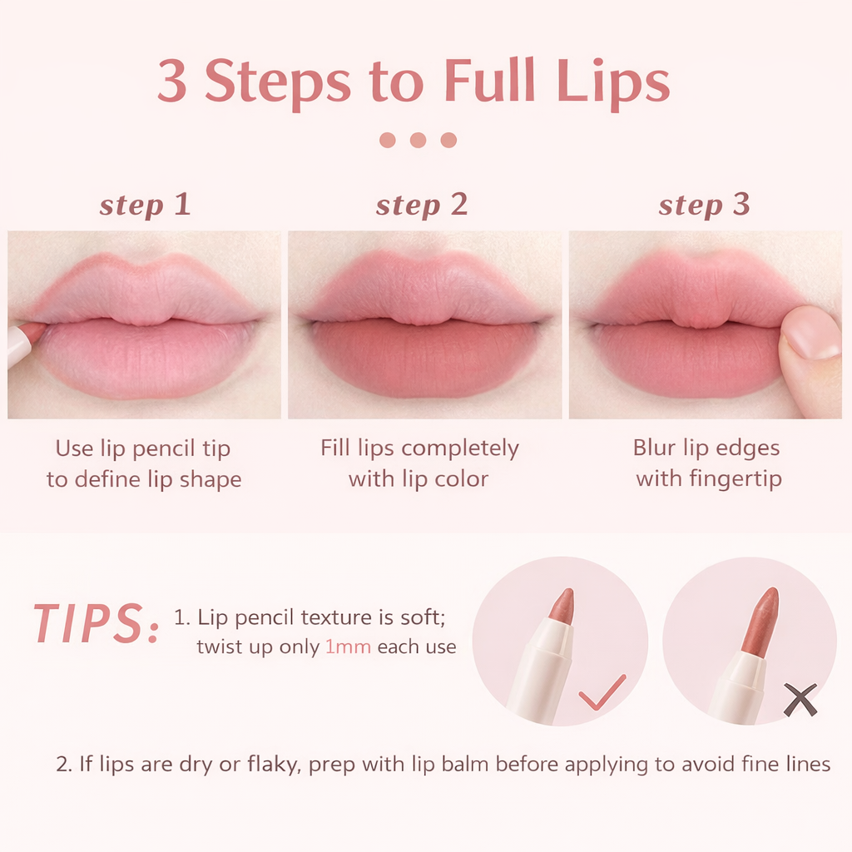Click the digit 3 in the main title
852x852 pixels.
(173, 81)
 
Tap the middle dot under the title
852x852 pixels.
(418, 140)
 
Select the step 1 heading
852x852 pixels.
(145, 206)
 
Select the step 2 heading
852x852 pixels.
(422, 206)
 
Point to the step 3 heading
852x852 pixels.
(704, 206)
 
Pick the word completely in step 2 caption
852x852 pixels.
(459, 449)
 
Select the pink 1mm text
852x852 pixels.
(348, 647)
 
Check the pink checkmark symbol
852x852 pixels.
(602, 692)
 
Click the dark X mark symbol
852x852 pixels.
(800, 700)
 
